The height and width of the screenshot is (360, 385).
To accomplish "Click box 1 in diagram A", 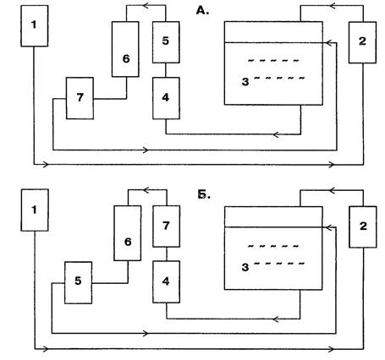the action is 35,25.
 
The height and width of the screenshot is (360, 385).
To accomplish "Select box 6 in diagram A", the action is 125,49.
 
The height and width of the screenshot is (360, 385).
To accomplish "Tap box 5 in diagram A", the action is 166,42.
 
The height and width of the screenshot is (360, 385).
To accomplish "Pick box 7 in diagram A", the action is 80,98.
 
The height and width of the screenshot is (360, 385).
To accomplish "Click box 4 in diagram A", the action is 166,98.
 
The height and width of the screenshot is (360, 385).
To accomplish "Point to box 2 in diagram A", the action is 362,42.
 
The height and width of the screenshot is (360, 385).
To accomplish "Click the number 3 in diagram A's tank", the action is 245,82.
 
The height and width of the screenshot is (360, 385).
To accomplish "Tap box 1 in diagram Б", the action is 35,210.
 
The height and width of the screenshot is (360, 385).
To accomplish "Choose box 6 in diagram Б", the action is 128,233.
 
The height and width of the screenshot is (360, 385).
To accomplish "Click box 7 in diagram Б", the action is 167,226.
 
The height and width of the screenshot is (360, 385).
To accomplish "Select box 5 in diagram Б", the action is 78,282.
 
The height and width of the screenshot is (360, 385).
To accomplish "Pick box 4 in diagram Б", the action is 167,281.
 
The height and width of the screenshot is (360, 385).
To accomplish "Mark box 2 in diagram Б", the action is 363,226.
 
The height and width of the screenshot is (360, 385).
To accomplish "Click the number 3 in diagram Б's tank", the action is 245,267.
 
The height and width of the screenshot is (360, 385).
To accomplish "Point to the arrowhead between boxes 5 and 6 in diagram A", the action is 147,5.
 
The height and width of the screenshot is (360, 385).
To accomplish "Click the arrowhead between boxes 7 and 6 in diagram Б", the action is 147,190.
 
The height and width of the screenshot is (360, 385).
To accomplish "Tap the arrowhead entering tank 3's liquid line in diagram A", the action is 329,43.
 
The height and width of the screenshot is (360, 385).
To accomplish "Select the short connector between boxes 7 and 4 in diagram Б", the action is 167,254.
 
